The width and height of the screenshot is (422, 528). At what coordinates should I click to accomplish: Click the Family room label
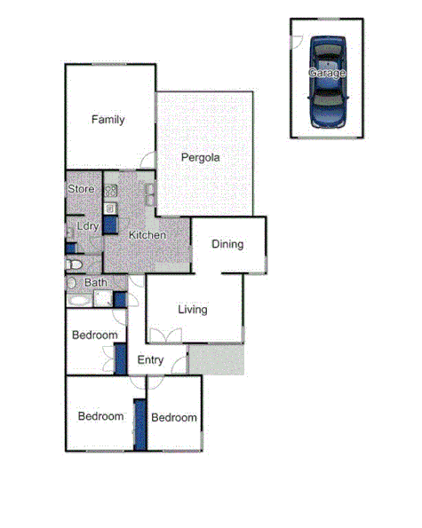[108, 120]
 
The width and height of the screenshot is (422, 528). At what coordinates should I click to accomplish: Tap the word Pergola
[200, 158]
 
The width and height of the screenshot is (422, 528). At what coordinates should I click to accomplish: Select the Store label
[81, 189]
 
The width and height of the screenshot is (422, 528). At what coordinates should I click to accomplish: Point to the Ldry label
[87, 226]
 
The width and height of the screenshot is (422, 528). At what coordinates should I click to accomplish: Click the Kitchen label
[147, 235]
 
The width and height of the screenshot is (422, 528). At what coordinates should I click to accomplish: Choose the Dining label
[227, 244]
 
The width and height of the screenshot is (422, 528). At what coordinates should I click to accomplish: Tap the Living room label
[192, 310]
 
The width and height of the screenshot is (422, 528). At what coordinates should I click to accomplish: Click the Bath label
[95, 283]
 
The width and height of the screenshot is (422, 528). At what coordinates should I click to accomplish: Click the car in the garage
[326, 82]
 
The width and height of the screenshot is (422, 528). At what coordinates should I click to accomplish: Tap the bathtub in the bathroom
[78, 300]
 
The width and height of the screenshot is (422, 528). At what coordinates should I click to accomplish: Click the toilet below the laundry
[76, 264]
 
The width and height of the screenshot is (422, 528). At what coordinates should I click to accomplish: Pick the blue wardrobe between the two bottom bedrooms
[139, 425]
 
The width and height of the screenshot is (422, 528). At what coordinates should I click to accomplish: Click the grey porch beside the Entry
[215, 359]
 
